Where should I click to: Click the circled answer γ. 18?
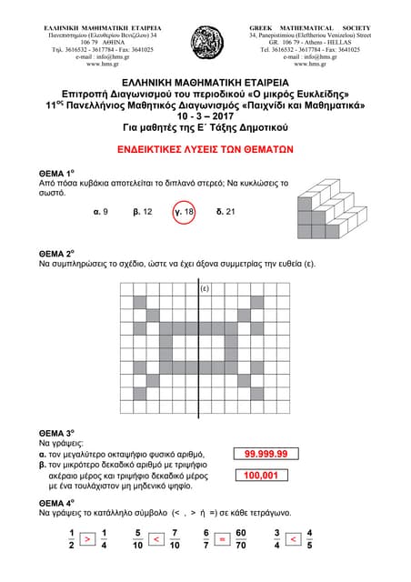(x=184, y=211)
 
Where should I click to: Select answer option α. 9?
(x=101, y=211)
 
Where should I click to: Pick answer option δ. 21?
(x=226, y=211)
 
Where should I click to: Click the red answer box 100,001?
(x=266, y=475)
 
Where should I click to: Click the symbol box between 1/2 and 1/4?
(x=86, y=539)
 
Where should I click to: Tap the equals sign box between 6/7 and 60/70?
(x=223, y=539)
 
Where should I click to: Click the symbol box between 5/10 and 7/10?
(x=156, y=539)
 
